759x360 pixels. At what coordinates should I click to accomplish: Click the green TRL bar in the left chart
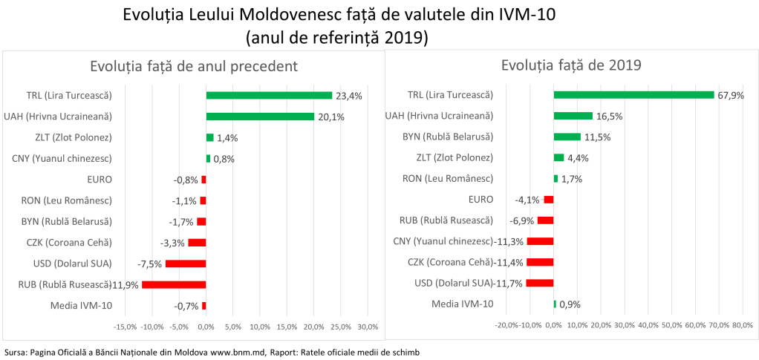click(269, 95)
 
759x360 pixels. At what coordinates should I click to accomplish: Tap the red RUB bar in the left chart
click(174, 284)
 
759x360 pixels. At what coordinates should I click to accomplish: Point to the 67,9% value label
click(730, 95)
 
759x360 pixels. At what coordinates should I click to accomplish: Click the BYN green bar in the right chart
click(567, 137)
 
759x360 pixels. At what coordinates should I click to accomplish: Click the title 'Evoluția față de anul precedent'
click(194, 65)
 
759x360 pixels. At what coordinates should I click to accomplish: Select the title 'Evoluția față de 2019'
click(571, 65)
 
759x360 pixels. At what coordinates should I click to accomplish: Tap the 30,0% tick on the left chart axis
click(368, 327)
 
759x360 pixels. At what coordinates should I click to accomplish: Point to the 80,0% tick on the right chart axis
click(742, 325)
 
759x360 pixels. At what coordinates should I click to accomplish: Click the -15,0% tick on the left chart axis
click(124, 327)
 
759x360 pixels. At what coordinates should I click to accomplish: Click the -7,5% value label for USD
click(151, 264)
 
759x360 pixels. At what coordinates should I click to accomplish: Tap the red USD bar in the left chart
click(186, 264)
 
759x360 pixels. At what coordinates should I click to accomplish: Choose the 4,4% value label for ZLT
click(579, 157)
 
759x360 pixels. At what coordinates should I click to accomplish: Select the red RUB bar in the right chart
click(545, 220)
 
